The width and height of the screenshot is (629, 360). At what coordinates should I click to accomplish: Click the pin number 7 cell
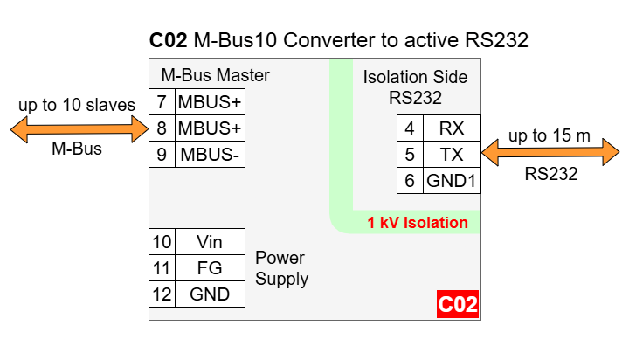[x=162, y=101]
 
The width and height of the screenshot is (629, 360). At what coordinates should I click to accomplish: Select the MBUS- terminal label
[x=210, y=156]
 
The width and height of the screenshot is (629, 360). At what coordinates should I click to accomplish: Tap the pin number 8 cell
[x=162, y=128]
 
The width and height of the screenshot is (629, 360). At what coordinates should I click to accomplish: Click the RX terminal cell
[x=451, y=128]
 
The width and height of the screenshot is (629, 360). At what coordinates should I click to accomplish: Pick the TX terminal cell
[x=451, y=156]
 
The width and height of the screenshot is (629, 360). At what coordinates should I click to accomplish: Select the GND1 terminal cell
[x=451, y=182]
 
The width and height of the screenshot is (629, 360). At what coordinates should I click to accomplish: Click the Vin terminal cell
[x=210, y=242]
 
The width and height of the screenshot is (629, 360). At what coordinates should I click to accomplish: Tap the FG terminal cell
[x=210, y=268]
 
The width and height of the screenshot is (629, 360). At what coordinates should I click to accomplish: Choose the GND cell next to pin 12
[x=210, y=294]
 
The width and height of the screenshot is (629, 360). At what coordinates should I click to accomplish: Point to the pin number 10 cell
[x=162, y=242]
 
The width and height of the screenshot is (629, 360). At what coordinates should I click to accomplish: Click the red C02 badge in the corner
[x=458, y=305]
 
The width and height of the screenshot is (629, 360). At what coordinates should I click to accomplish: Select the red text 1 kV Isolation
[x=418, y=223]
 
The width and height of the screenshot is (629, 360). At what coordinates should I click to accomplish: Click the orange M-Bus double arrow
[x=79, y=129]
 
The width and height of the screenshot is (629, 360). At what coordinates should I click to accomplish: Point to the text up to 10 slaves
[x=77, y=106]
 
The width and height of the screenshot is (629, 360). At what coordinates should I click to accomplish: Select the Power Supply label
[x=281, y=268]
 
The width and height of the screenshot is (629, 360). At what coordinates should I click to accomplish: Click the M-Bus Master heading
[x=215, y=75]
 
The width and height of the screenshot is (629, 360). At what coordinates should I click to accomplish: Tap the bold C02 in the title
[x=169, y=40]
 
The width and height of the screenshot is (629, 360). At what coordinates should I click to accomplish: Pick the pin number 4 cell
[x=410, y=128]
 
